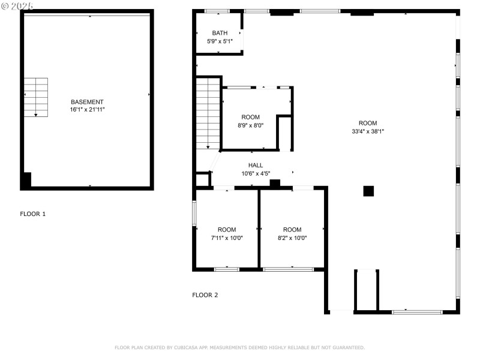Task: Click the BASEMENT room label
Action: pyautogui.click(x=87, y=102)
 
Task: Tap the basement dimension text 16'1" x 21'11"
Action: pyautogui.click(x=87, y=110)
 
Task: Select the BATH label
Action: pyautogui.click(x=220, y=33)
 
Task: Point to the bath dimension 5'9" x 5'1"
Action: pyautogui.click(x=220, y=41)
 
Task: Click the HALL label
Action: pyautogui.click(x=256, y=165)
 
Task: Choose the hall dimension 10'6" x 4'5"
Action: pyautogui.click(x=256, y=173)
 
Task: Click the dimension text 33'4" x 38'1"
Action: pyautogui.click(x=368, y=131)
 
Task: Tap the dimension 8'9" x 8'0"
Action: pyautogui.click(x=251, y=125)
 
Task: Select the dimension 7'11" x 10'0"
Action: pyautogui.click(x=227, y=238)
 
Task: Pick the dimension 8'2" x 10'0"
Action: pyautogui.click(x=292, y=238)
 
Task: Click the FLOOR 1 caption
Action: pyautogui.click(x=32, y=214)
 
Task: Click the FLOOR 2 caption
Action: pyautogui.click(x=205, y=295)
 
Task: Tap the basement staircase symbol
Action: pyautogui.click(x=35, y=97)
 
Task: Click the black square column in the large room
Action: pyautogui.click(x=368, y=191)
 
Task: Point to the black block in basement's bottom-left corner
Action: pyautogui.click(x=26, y=179)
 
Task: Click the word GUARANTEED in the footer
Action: pyautogui.click(x=349, y=347)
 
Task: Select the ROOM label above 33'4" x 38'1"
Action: pyautogui.click(x=368, y=123)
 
